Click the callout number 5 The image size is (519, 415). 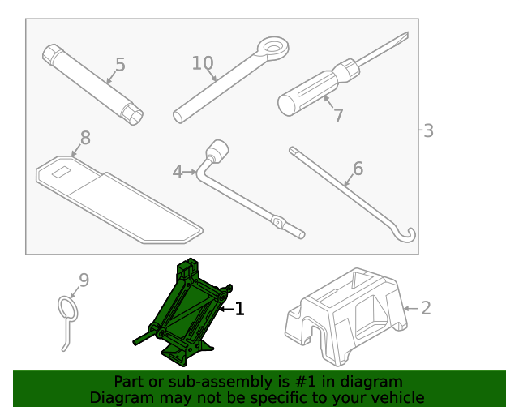pyautogui.click(x=120, y=64)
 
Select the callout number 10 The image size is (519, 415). pyautogui.click(x=202, y=63)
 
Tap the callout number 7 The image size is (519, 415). pyautogui.click(x=338, y=116)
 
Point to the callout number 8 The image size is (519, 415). pyautogui.click(x=84, y=138)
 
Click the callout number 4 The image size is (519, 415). pyautogui.click(x=178, y=172)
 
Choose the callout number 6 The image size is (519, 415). pyautogui.click(x=357, y=169)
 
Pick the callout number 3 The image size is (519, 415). pyautogui.click(x=428, y=130)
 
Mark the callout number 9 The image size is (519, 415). pyautogui.click(x=83, y=280)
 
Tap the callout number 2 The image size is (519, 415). pyautogui.click(x=426, y=308)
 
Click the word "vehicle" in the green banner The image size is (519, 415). pyautogui.click(x=396, y=398)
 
